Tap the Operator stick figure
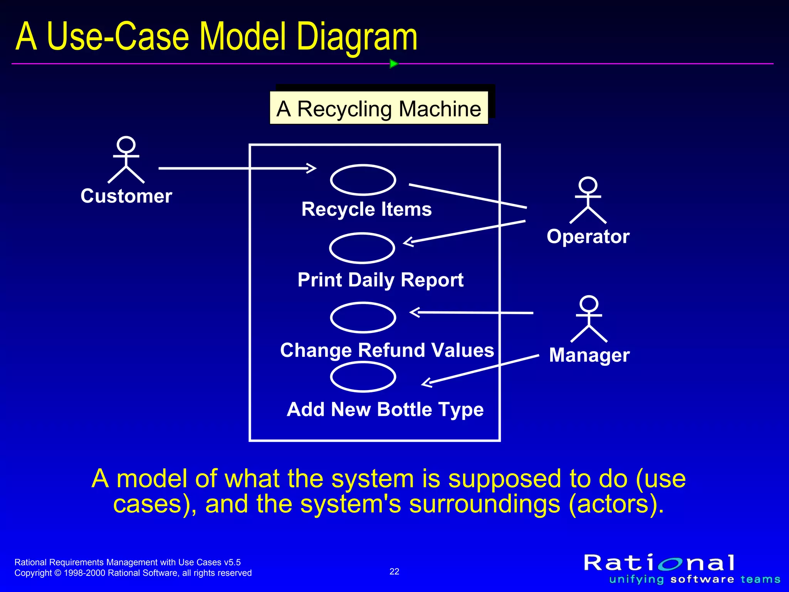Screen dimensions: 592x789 (x=588, y=200)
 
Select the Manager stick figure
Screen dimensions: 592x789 (x=589, y=319)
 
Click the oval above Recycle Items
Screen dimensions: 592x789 (x=363, y=180)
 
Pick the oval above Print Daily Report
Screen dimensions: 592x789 (x=362, y=248)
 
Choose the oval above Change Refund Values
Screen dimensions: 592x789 (x=363, y=318)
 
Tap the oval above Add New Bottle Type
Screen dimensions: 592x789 (x=363, y=377)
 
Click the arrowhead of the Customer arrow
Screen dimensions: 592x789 (x=312, y=168)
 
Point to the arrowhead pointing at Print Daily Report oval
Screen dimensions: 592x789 (x=408, y=242)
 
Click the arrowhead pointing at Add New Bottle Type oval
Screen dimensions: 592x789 (x=426, y=383)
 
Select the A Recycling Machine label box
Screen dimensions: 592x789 (x=379, y=108)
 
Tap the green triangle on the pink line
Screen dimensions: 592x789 (x=393, y=64)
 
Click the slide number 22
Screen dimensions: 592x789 (x=394, y=571)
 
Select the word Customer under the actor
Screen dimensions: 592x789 (x=126, y=196)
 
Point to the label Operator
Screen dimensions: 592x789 (x=588, y=236)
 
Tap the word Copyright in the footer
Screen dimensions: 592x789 (x=33, y=573)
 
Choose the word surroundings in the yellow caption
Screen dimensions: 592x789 (x=484, y=503)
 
